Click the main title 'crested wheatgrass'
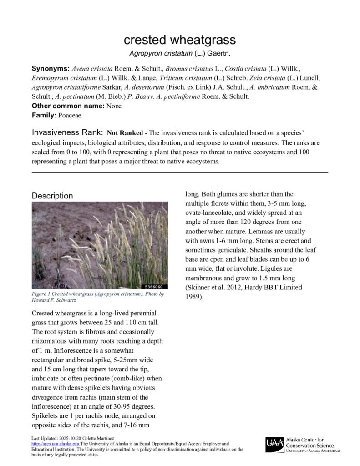(x=180, y=40)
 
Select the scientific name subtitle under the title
(x=180, y=53)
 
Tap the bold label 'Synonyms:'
(x=50, y=69)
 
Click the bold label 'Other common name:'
(x=68, y=106)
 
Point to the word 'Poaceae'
(x=69, y=116)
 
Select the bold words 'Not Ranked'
(x=124, y=134)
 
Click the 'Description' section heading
(x=52, y=196)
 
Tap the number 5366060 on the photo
(x=156, y=287)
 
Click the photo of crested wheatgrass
(x=100, y=245)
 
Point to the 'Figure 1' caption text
(x=45, y=294)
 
